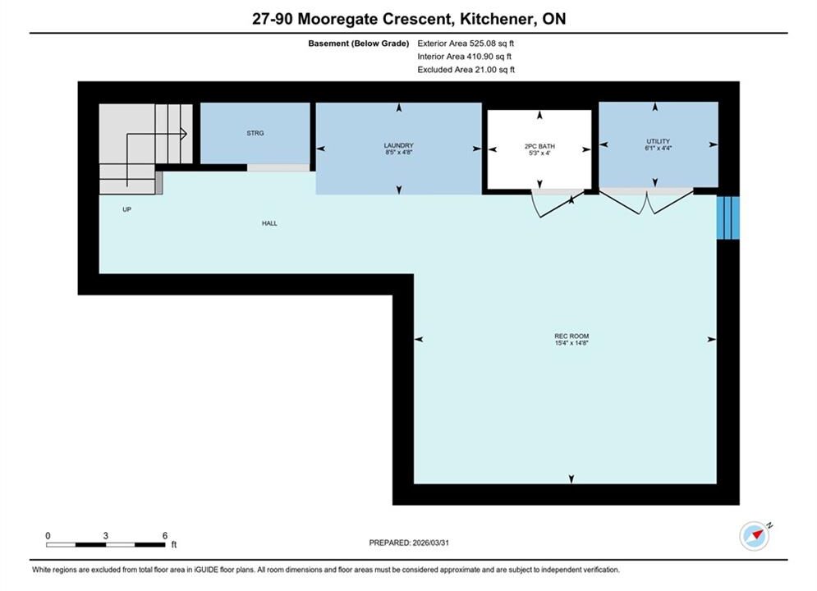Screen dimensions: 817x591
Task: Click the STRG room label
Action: (255, 133)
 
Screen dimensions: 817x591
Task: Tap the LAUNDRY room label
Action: (398, 146)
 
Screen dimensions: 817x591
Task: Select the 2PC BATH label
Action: (539, 147)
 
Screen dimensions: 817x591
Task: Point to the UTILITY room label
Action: (658, 142)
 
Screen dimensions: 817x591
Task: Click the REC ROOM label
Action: (571, 337)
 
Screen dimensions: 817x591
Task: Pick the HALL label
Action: (269, 223)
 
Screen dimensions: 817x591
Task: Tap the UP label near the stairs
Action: (126, 209)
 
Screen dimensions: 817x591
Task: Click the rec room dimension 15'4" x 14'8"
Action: (571, 343)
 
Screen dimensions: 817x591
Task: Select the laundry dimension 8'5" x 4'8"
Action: (398, 153)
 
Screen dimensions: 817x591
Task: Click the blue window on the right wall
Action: (727, 218)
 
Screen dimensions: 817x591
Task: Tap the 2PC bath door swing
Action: (553, 204)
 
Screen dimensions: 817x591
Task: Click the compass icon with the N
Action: (755, 536)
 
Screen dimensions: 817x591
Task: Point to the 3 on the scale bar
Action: (106, 536)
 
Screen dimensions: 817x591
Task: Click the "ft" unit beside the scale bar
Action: (174, 545)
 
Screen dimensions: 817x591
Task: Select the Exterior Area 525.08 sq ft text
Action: (466, 44)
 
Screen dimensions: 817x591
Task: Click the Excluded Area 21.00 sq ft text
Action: (466, 70)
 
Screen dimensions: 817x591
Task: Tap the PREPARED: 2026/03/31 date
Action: (409, 543)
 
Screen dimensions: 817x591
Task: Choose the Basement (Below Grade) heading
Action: (359, 44)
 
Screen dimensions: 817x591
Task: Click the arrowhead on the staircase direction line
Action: (184, 134)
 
